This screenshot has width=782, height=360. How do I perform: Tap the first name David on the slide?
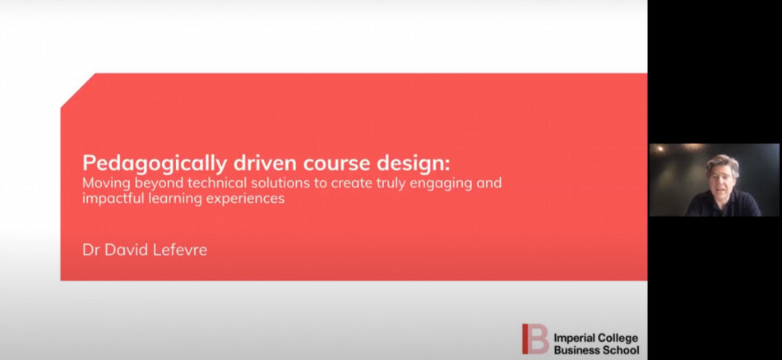[126, 249]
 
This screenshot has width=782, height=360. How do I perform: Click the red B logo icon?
[535, 339]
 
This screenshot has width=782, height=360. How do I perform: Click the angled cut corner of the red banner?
[78, 90]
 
